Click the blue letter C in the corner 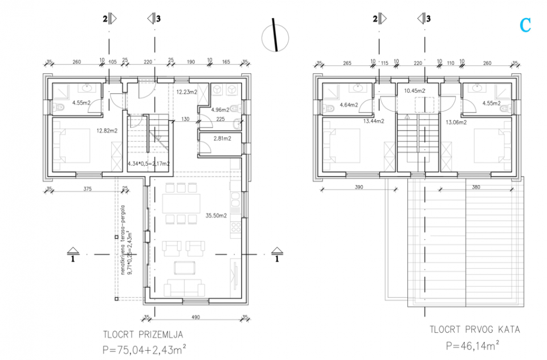pos(525,25)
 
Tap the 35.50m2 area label pos(217,216)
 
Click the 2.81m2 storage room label pos(222,138)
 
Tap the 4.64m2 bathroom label pos(349,104)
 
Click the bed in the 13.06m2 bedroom pos(489,145)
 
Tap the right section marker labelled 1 pos(277,254)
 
